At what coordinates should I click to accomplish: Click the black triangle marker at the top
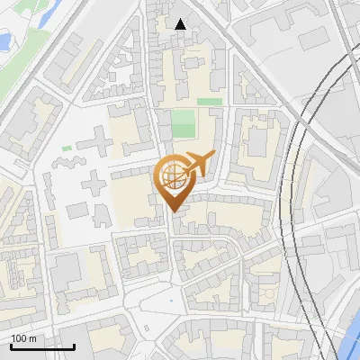181,24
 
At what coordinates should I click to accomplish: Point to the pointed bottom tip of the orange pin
173,212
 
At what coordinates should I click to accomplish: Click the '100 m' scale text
24,338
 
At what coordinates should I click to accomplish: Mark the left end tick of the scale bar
11,344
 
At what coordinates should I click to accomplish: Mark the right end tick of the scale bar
74,344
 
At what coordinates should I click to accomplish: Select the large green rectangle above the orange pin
183,123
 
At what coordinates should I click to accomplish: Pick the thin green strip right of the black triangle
209,102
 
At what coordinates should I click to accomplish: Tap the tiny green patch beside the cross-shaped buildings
67,148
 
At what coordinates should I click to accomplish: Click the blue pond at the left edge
4,40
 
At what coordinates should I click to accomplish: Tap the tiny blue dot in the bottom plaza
170,300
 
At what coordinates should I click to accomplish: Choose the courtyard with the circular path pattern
267,292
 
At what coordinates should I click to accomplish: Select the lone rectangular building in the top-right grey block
312,38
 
